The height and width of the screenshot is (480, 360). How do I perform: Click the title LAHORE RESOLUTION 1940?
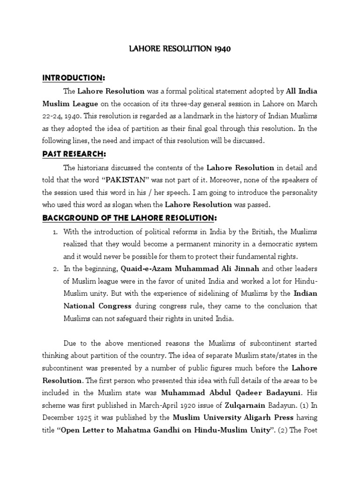[180, 48]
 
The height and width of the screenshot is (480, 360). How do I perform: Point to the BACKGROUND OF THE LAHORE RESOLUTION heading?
[129, 217]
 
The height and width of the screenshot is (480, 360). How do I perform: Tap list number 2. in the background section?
[54, 269]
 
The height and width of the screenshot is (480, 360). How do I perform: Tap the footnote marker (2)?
[294, 428]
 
